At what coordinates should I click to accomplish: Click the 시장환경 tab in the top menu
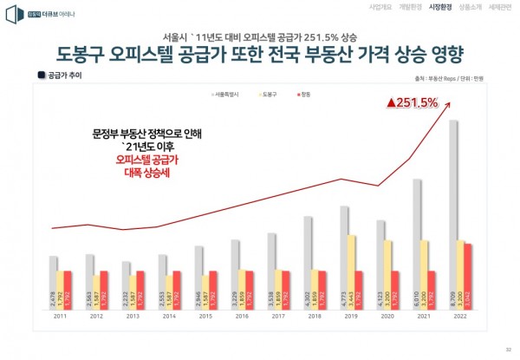(440, 6)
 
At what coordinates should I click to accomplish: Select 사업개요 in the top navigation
(380, 6)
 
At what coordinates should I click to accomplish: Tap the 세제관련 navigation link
(500, 6)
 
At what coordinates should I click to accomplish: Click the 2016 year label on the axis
(243, 317)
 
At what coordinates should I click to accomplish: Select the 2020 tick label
(388, 317)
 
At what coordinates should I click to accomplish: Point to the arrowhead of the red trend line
(456, 99)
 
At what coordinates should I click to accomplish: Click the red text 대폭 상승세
(146, 173)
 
